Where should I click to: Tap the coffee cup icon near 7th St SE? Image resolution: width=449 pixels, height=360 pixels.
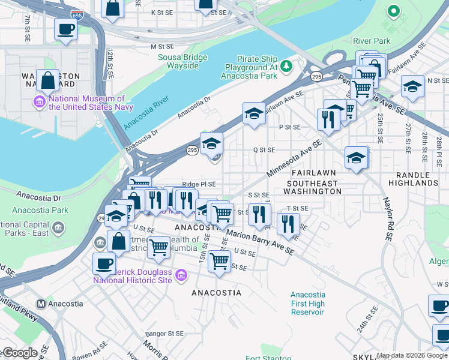click(65, 29)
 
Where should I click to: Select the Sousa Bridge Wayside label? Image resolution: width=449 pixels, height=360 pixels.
click(182, 61)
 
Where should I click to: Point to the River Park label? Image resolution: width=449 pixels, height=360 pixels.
click(372, 41)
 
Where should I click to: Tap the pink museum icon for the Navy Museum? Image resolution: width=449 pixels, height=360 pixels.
click(41, 103)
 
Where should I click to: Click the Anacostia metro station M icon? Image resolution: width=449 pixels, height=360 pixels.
click(41, 304)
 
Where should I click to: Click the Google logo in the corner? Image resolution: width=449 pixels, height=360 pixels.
click(19, 353)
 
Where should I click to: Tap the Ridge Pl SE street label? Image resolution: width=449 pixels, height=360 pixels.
click(199, 184)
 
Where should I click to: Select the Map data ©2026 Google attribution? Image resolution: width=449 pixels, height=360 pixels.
click(412, 355)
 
